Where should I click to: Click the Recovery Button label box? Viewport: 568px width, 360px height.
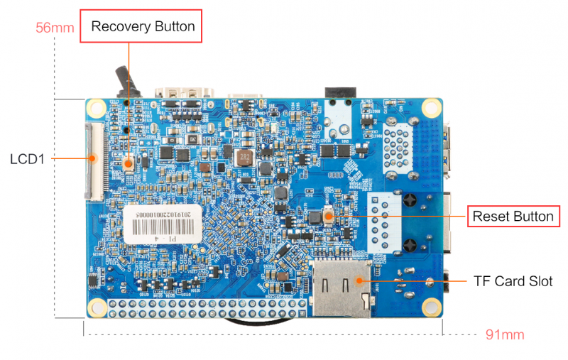[143, 26]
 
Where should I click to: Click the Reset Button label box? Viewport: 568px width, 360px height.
[513, 216]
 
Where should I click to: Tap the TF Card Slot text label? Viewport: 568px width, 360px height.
[513, 280]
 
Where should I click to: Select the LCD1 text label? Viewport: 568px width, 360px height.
[28, 158]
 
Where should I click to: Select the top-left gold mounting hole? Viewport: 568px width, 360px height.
[96, 107]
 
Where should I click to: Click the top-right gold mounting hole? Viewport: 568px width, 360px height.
[430, 108]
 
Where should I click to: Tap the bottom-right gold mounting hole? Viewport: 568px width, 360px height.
[430, 306]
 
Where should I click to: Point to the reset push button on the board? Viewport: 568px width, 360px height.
[329, 216]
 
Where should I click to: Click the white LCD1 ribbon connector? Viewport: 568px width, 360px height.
[93, 160]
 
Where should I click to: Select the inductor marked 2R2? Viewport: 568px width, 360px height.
[244, 156]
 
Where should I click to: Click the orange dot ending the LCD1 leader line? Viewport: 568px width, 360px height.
[93, 158]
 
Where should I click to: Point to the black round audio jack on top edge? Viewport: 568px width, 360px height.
[338, 92]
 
